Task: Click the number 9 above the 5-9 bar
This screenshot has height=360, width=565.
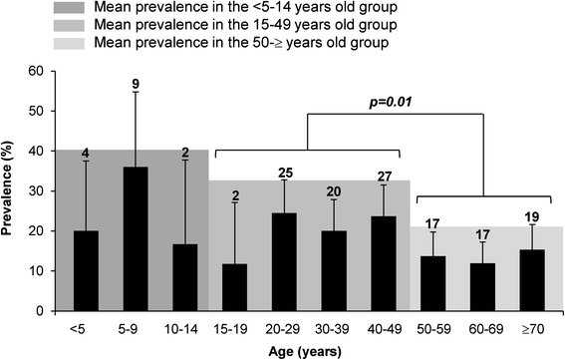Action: click(x=135, y=82)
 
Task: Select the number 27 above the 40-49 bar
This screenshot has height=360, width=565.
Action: click(x=384, y=176)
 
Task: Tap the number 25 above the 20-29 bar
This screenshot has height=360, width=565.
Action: click(x=284, y=173)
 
